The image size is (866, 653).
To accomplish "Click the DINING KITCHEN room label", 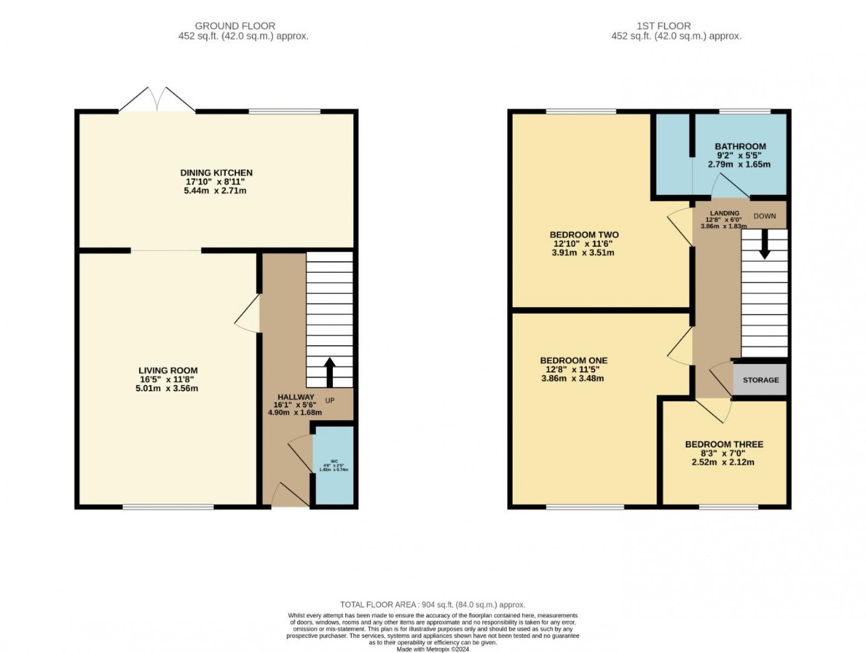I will click(x=216, y=173).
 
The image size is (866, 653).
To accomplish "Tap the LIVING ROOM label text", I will click(x=168, y=371).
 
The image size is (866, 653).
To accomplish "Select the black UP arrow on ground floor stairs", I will click(x=330, y=372).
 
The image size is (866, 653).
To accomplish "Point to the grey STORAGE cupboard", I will click(x=760, y=380).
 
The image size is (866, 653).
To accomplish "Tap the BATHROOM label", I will click(x=740, y=146).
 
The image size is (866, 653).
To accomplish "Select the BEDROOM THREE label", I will click(x=724, y=444).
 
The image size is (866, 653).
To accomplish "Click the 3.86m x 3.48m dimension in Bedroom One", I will click(x=572, y=378).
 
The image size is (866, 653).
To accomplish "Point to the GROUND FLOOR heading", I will click(x=235, y=26).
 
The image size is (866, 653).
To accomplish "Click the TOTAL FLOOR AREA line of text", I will click(x=432, y=605).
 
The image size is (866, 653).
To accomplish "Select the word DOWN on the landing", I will click(x=764, y=216).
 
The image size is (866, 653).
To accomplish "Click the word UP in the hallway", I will click(x=330, y=400).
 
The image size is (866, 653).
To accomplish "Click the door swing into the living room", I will click(x=248, y=314).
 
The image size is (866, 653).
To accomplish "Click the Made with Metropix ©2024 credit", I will click(x=432, y=650).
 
